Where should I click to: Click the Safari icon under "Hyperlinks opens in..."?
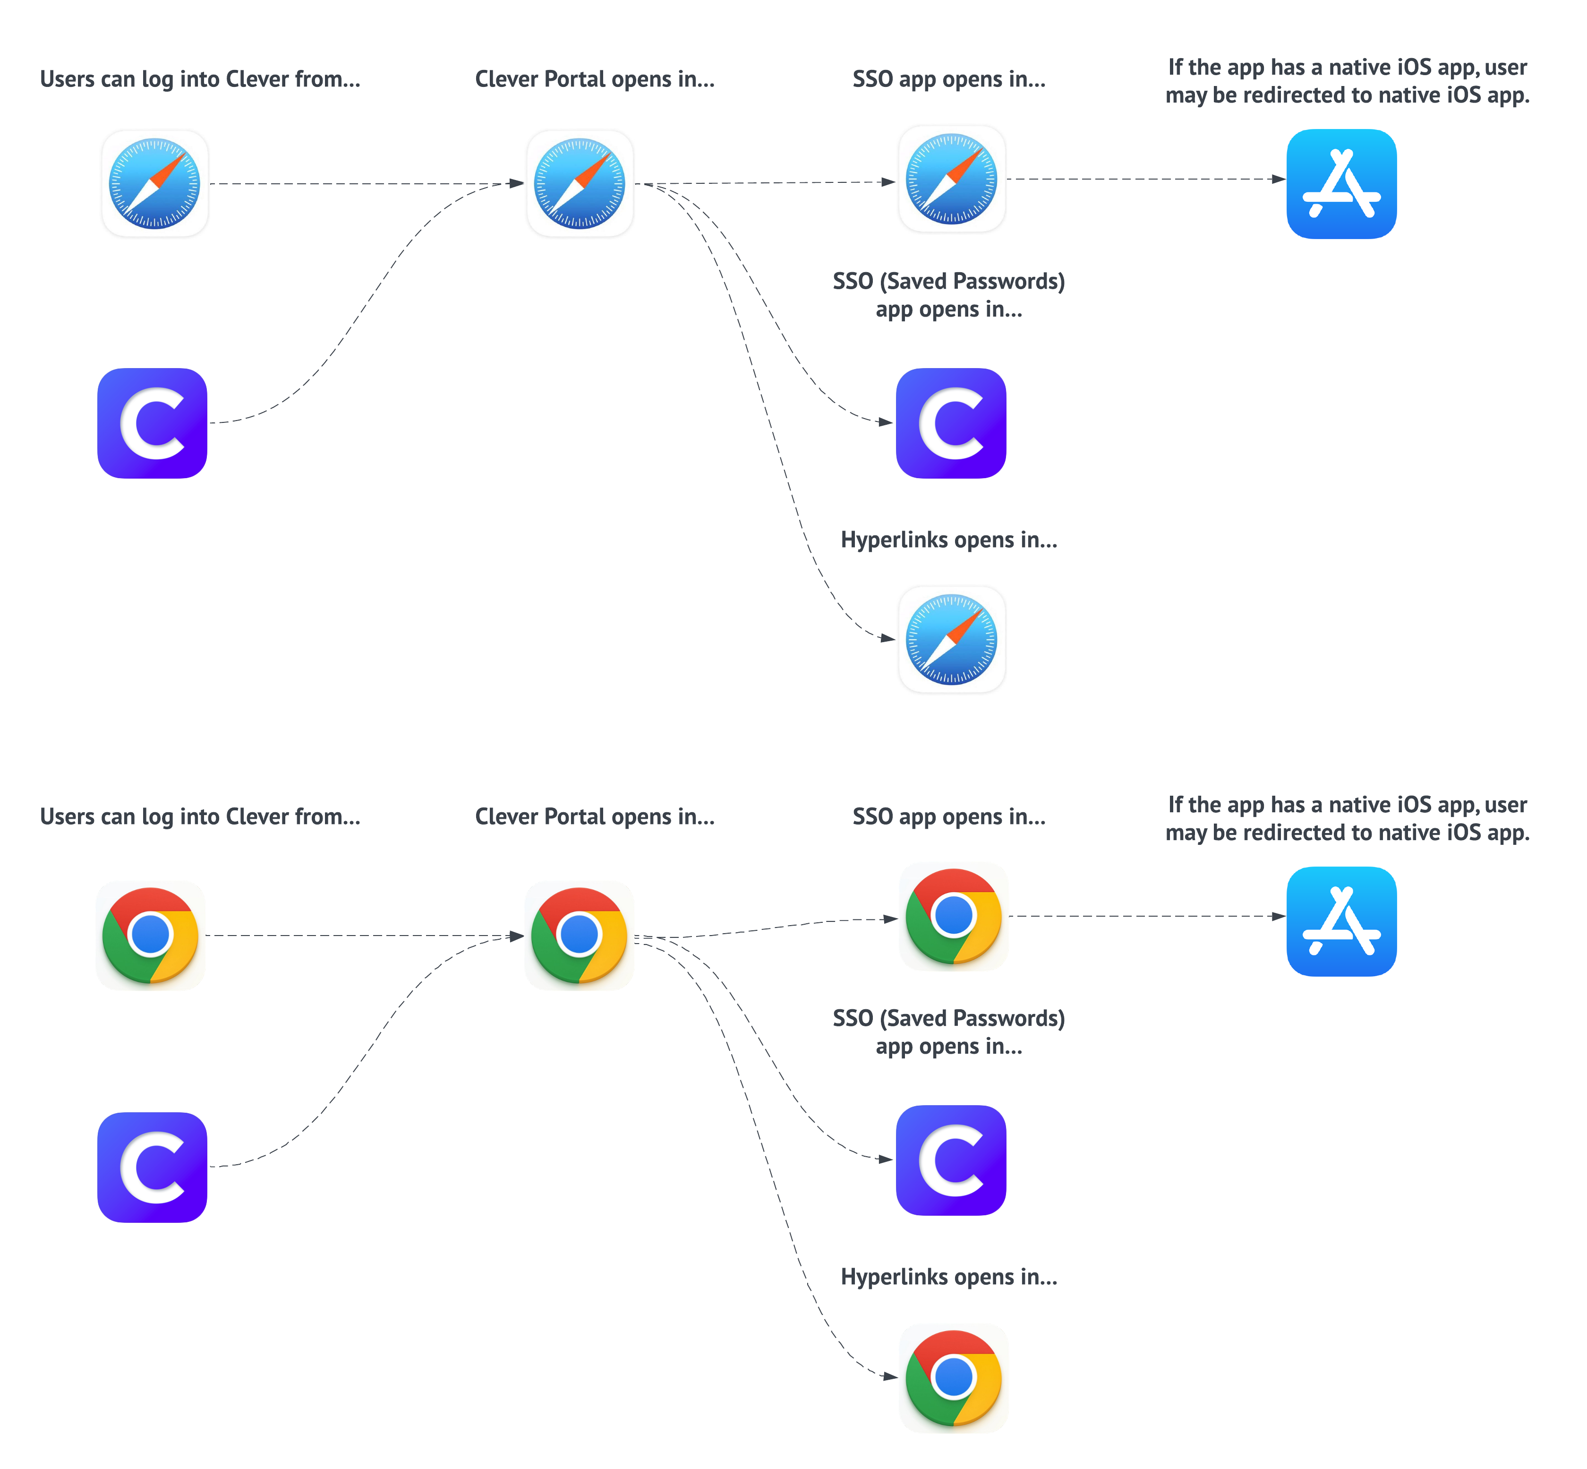pyautogui.click(x=951, y=639)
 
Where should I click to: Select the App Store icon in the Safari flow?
pyautogui.click(x=1340, y=184)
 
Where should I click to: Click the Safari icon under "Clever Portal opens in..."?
pyautogui.click(x=580, y=184)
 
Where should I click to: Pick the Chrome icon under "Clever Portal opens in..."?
pyautogui.click(x=579, y=935)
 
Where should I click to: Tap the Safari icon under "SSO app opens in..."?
pyautogui.click(x=951, y=179)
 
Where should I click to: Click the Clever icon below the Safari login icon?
pyautogui.click(x=152, y=423)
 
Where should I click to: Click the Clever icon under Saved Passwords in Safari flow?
pyautogui.click(x=950, y=423)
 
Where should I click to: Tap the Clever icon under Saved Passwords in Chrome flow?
pyautogui.click(x=950, y=1160)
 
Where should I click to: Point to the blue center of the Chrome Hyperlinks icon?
pyautogui.click(x=953, y=1376)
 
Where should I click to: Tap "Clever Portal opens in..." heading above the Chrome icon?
pyautogui.click(x=595, y=816)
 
